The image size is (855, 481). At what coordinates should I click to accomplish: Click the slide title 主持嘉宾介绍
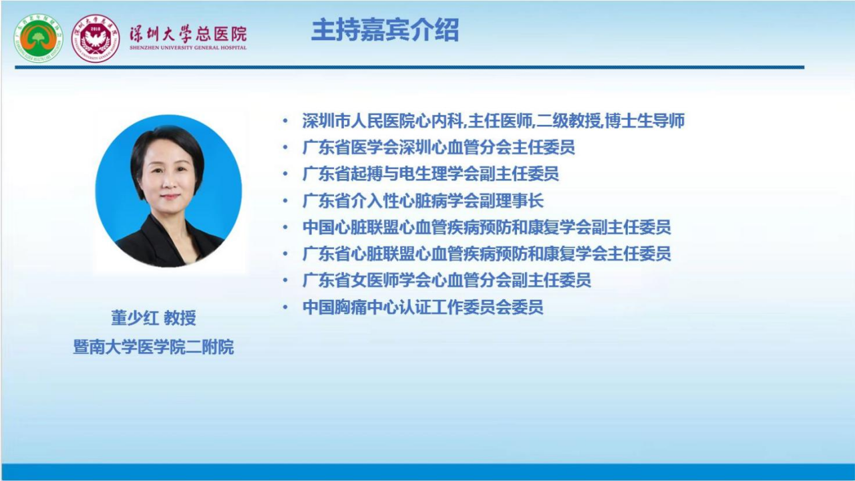(x=385, y=30)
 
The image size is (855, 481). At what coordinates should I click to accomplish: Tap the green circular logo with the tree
(x=38, y=38)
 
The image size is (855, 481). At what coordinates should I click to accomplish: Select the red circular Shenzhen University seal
(x=96, y=38)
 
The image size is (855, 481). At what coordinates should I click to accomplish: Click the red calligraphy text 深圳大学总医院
(x=188, y=34)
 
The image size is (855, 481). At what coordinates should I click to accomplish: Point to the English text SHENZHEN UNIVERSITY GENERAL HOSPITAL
(x=188, y=47)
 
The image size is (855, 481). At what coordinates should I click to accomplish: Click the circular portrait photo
(x=168, y=191)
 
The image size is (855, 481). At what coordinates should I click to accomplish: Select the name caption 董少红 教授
(x=154, y=317)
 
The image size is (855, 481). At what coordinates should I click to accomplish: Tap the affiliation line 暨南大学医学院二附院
(x=154, y=347)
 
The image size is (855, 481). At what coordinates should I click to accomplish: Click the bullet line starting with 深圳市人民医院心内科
(x=493, y=121)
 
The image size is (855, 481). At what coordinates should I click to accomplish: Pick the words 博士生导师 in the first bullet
(x=645, y=121)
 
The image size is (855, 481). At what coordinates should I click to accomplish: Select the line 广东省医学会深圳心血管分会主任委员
(x=439, y=148)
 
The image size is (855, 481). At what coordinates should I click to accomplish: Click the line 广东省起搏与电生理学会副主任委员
(x=431, y=174)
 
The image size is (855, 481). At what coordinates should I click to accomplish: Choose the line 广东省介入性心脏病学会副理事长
(x=423, y=201)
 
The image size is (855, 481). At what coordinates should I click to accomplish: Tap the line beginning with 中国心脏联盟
(x=487, y=227)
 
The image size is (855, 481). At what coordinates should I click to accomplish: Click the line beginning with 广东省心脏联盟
(x=487, y=254)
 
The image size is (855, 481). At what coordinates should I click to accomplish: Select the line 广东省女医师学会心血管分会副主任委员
(x=447, y=280)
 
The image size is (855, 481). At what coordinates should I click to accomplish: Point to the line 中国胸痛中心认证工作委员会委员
(x=423, y=307)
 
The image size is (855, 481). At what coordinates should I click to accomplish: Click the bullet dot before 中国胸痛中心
(x=285, y=307)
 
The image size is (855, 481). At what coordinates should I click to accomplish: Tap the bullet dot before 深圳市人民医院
(x=285, y=121)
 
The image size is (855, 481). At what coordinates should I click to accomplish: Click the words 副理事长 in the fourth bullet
(x=512, y=201)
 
